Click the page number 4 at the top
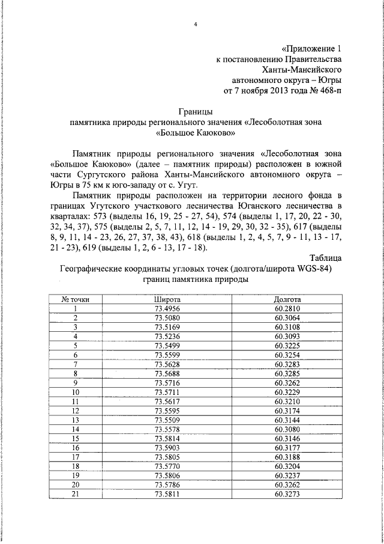point(196,25)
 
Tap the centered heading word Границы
point(196,111)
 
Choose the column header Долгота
point(287,299)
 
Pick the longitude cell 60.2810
point(287,308)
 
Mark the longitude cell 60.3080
point(287,430)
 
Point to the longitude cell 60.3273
point(287,495)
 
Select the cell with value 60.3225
point(287,346)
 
